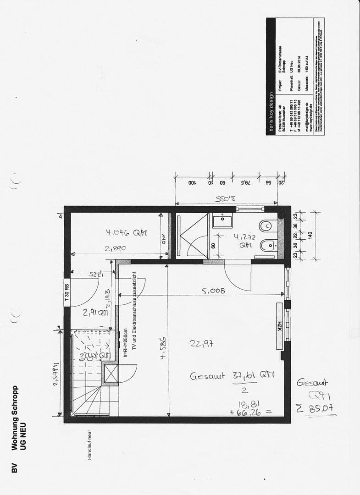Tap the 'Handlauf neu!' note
(90, 445)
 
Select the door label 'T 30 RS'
(66, 292)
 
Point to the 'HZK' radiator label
(279, 327)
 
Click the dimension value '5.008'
(213, 290)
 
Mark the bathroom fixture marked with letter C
(267, 226)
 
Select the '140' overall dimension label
(310, 234)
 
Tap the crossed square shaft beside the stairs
(111, 374)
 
